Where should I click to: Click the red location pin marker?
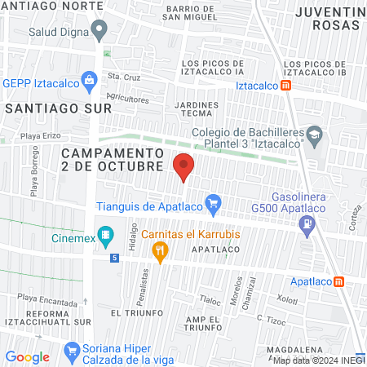point(184,166)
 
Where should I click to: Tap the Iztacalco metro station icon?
point(286,86)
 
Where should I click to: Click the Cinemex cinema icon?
point(105,237)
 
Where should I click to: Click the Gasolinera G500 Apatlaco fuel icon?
point(307,230)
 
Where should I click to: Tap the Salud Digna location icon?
point(99,32)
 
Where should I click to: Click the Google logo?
point(27,356)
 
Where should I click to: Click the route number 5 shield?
point(115,258)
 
